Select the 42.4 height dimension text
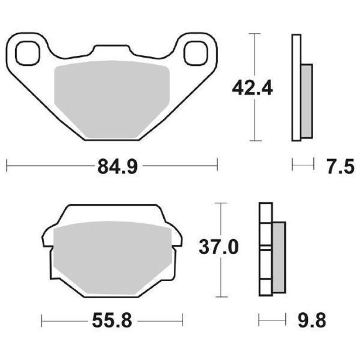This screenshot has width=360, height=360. tap(252, 87)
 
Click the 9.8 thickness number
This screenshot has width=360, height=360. tap(310, 321)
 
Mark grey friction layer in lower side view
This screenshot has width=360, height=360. tap(279, 256)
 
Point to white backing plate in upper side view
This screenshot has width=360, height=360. tap(296, 88)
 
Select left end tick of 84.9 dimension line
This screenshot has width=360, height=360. tap(7, 165)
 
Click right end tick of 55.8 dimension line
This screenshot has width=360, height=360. tap(182, 320)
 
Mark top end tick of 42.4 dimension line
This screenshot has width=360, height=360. tap(255, 34)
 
